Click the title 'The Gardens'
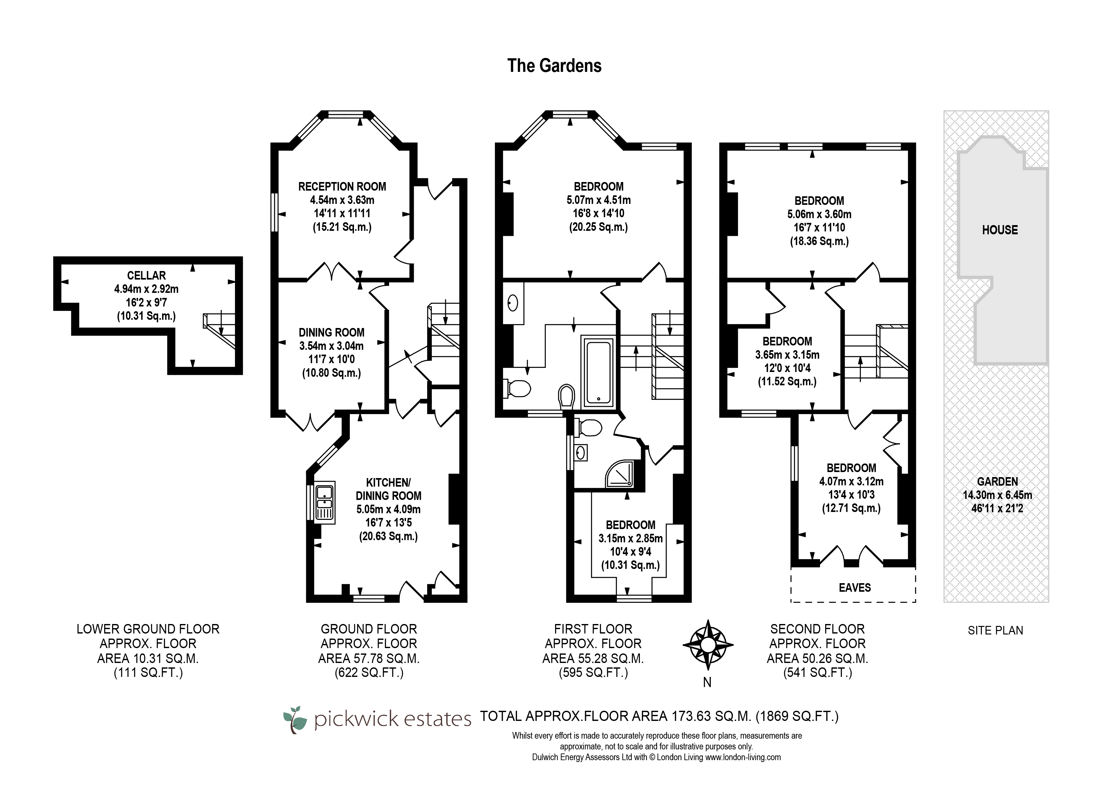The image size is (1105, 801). [x=554, y=66]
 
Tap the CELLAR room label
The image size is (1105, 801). [x=146, y=275]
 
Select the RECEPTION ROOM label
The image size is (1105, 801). [x=342, y=186]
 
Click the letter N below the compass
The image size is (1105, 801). [x=707, y=683]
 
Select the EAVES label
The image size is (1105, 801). [x=855, y=588]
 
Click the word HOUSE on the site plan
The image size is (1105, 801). [x=1000, y=230]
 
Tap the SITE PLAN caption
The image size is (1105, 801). [x=995, y=630]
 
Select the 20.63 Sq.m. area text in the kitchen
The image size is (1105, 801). [x=388, y=536]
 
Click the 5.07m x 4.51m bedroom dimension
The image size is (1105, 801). [x=598, y=200]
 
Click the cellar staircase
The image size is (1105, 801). [x=219, y=329]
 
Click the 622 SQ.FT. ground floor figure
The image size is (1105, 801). [x=369, y=673]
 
